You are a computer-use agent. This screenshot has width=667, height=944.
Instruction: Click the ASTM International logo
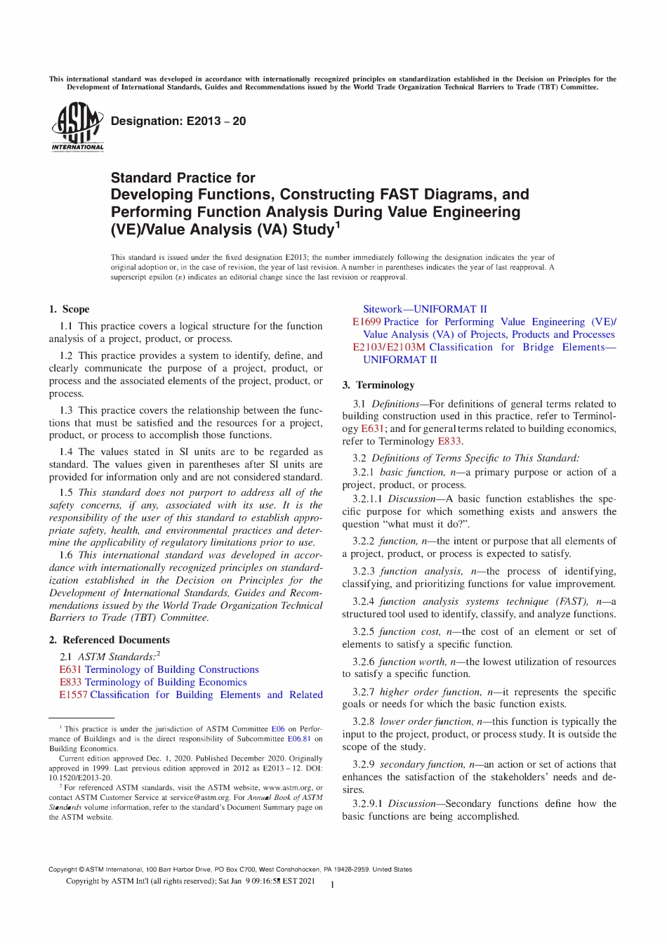(x=77, y=126)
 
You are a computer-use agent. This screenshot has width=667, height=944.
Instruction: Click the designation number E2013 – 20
(x=178, y=122)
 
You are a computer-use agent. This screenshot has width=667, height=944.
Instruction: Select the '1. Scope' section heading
(x=69, y=309)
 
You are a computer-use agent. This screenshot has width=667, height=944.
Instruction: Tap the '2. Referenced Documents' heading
(x=110, y=640)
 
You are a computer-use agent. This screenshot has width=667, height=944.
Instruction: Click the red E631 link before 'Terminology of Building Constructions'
(x=70, y=669)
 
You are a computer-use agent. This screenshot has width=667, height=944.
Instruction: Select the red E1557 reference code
(x=73, y=695)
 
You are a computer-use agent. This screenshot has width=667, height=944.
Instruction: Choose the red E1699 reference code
(x=366, y=322)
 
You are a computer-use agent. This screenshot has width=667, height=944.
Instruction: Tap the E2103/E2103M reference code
(x=389, y=347)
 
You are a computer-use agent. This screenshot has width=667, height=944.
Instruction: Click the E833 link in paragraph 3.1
(x=449, y=441)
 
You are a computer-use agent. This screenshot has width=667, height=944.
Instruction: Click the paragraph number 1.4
(x=66, y=452)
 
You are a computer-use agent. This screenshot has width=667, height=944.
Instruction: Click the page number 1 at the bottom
(x=332, y=885)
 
